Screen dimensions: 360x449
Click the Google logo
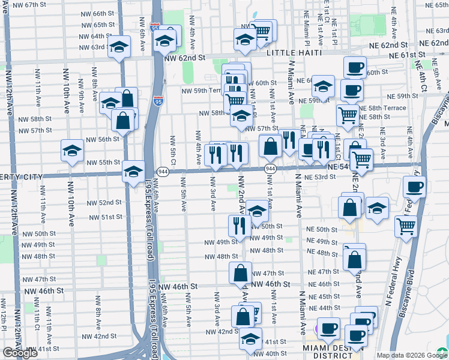[20, 353]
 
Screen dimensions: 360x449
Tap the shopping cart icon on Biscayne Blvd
[406, 226]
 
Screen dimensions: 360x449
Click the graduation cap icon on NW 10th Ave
[72, 150]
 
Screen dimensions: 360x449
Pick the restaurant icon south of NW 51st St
[240, 226]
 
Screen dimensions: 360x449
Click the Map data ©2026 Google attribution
[411, 355]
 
